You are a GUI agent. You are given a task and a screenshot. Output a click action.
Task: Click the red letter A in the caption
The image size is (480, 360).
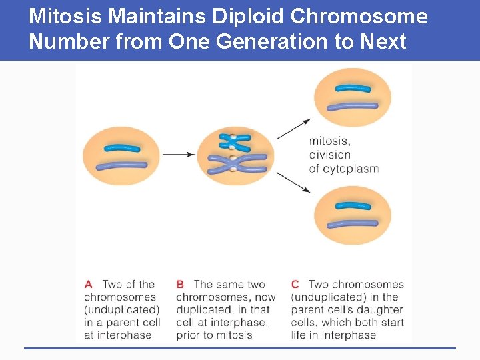click(88, 285)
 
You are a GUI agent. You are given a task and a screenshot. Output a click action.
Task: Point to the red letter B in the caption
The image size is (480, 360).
click(180, 285)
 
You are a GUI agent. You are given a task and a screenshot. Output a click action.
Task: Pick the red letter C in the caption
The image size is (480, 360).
click(295, 285)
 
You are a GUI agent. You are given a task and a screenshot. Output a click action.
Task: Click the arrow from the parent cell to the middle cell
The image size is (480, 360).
click(179, 155)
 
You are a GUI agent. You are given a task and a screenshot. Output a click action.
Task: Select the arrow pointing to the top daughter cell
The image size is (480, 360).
click(293, 129)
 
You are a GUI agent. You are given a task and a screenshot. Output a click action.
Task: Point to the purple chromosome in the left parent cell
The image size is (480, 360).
click(121, 165)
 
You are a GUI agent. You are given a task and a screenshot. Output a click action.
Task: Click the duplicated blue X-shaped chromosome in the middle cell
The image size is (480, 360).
click(234, 141)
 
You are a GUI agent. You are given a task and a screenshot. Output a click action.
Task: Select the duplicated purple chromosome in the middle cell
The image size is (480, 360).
click(234, 164)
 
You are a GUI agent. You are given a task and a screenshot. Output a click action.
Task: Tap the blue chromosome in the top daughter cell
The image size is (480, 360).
click(353, 88)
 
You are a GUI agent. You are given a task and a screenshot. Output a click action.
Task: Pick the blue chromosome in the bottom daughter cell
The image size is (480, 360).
click(353, 206)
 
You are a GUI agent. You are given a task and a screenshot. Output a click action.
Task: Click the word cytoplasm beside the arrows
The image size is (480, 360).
click(351, 169)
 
